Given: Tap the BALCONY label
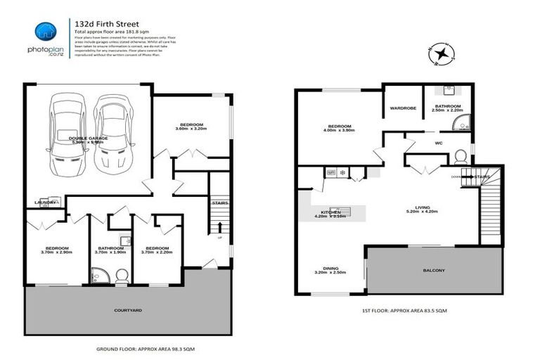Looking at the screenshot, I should (434, 270).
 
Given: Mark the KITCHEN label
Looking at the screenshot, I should (330, 212).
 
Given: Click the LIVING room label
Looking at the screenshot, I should (422, 207).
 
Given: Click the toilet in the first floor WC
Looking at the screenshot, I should (461, 155).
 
